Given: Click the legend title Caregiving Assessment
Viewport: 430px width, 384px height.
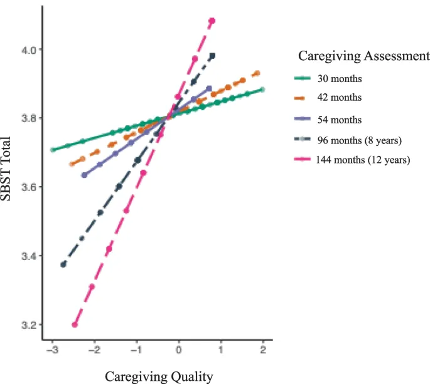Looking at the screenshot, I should point(363,56).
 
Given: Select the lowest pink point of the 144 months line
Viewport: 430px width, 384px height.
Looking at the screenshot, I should point(75,324).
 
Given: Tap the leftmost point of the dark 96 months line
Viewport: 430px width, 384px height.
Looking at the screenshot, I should point(63,264).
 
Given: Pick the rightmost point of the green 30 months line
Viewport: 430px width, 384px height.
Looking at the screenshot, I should point(262,90).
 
